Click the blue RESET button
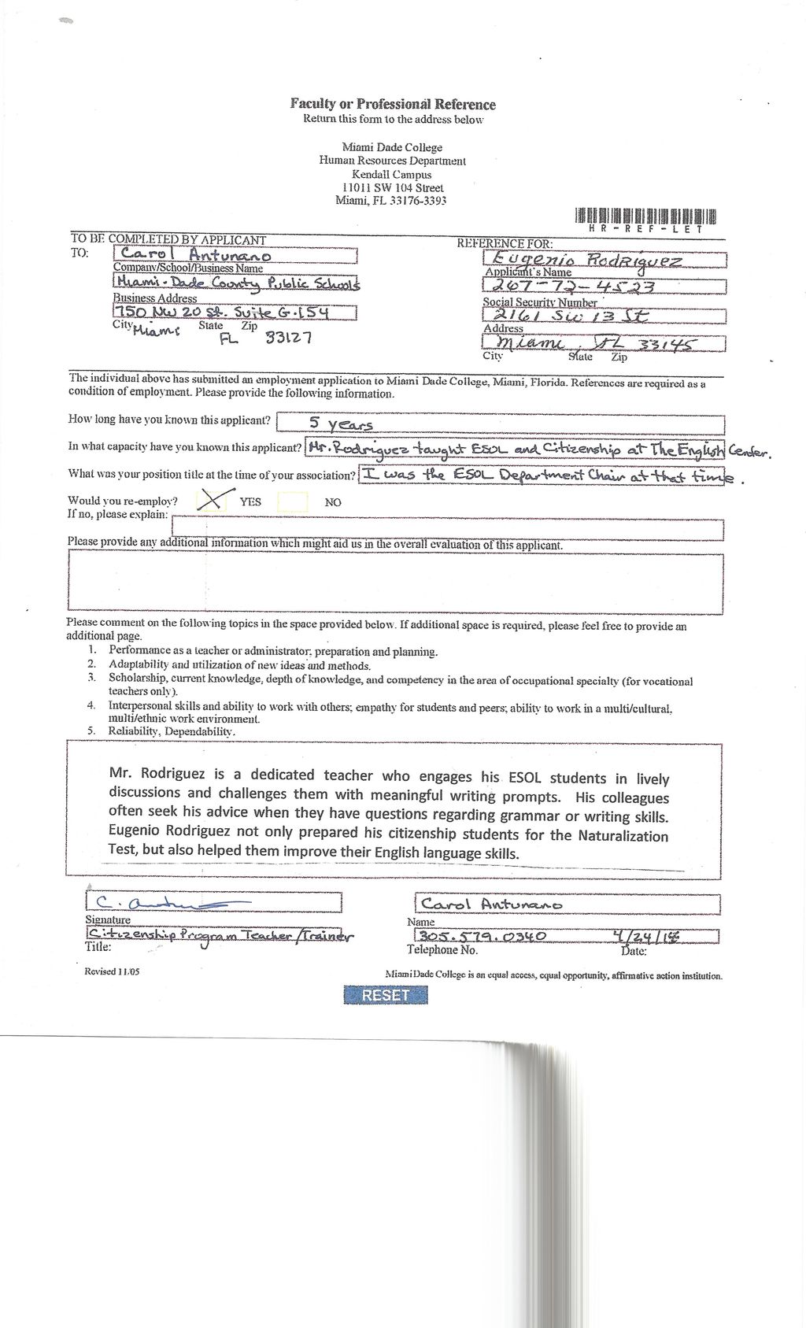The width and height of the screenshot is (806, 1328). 386,995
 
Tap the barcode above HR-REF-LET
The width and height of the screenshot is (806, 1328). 645,216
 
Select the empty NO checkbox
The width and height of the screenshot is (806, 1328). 293,501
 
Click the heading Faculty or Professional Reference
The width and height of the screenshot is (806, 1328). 393,104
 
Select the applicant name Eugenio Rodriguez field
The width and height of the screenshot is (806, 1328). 586,260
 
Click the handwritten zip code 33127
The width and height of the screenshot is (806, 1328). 289,338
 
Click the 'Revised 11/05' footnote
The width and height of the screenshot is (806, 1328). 112,971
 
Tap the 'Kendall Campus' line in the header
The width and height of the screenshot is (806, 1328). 392,175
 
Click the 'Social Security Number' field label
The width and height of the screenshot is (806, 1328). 540,302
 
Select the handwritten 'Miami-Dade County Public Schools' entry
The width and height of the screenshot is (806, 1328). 236,283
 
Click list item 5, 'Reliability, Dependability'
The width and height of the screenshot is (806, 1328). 172,731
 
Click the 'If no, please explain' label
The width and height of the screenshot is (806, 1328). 117,515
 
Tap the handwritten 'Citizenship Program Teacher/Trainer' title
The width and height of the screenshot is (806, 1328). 220,935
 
